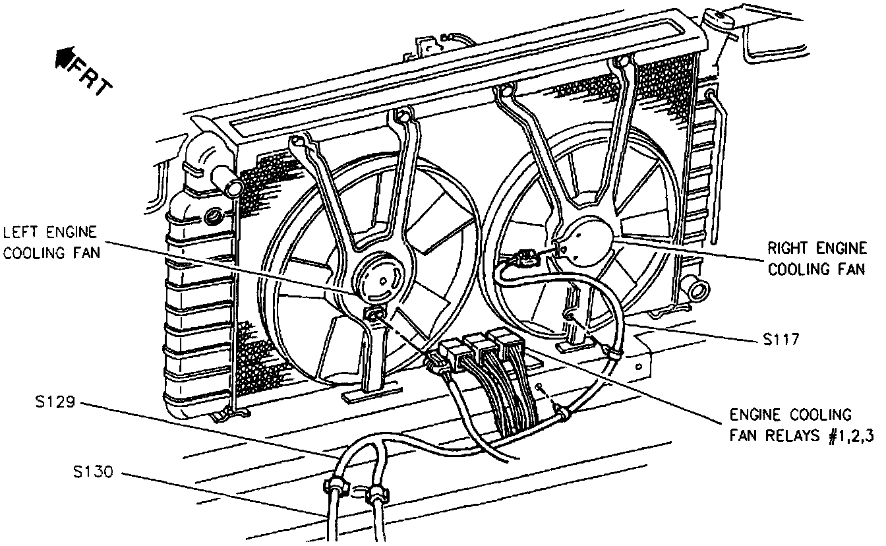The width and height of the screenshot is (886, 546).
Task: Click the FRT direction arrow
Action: coord(65,59)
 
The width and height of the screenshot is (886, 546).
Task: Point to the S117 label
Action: coord(781,340)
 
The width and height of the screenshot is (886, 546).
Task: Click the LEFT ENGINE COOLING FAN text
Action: coord(51,242)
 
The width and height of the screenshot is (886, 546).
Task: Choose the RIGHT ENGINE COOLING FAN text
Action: coord(817,258)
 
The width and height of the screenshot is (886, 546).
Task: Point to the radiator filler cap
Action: coord(722,18)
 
